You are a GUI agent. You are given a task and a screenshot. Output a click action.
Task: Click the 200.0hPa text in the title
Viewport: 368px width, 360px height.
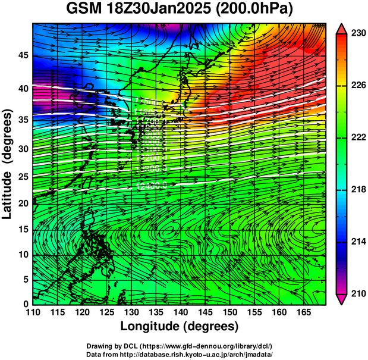click(256, 10)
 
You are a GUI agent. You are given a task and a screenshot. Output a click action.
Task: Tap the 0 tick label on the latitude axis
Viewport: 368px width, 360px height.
click(24, 303)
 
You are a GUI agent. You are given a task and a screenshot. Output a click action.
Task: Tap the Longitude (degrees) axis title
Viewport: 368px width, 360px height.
click(180, 326)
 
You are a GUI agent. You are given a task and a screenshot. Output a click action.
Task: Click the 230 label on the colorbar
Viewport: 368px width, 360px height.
click(356, 33)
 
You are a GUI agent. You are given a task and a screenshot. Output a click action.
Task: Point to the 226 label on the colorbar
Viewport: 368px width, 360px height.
click(356, 86)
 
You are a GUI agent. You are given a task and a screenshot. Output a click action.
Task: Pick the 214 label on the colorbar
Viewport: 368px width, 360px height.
click(356, 242)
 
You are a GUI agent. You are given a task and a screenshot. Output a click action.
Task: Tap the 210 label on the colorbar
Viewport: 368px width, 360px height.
click(356, 293)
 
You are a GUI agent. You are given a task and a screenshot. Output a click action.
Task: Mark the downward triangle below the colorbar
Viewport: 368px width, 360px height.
click(342, 299)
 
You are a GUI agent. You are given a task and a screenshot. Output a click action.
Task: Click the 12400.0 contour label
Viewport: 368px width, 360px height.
click(151, 186)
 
